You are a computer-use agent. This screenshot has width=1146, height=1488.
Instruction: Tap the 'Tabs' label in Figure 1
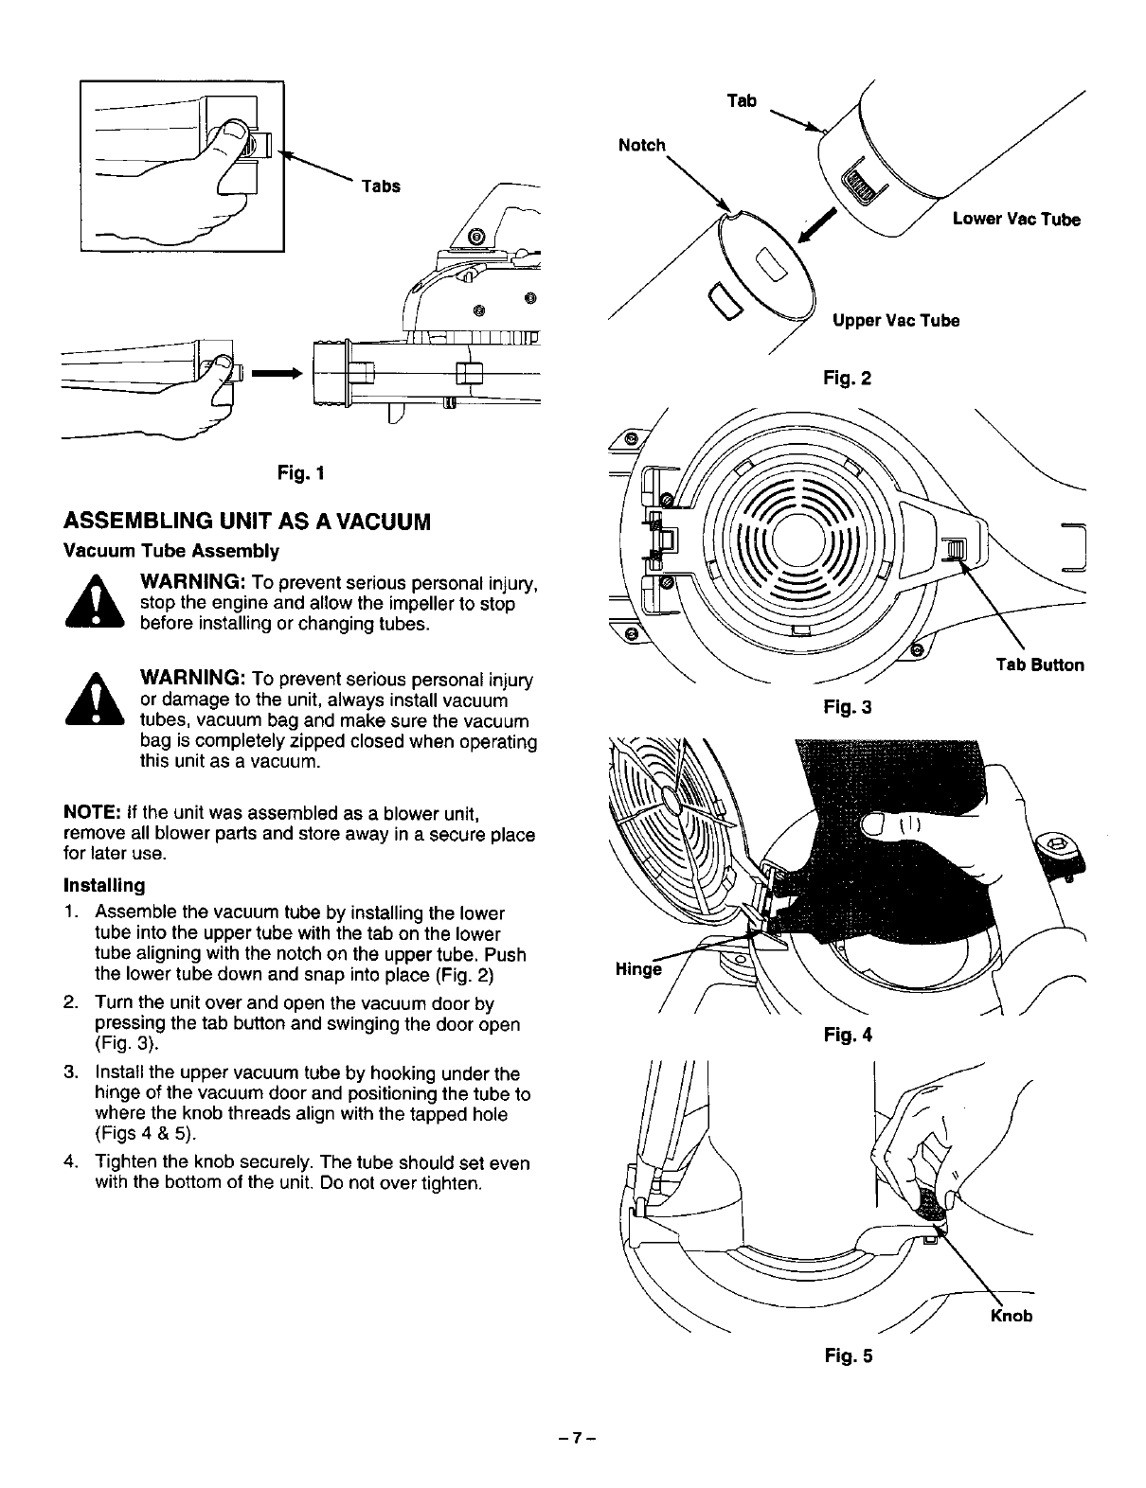point(380,186)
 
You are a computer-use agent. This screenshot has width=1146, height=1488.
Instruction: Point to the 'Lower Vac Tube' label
point(1015,220)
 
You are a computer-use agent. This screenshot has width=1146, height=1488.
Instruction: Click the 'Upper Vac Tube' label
point(896,321)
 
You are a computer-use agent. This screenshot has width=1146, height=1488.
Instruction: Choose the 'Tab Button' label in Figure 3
point(1039,664)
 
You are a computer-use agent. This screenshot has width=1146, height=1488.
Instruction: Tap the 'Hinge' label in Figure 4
point(636,969)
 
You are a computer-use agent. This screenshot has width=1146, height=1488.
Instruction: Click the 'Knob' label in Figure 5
point(1011,1316)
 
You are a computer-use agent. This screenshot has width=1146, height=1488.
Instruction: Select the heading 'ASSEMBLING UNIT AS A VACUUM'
point(246,521)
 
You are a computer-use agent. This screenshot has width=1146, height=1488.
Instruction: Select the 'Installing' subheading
point(103,886)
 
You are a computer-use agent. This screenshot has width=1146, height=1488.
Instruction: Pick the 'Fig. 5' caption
point(848,1355)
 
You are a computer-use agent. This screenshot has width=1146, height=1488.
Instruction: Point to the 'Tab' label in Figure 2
point(742,100)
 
